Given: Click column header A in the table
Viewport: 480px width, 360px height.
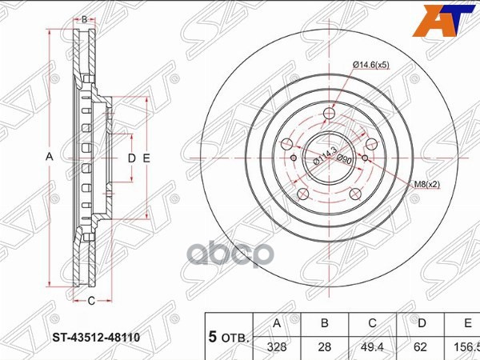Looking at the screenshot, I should (277, 324).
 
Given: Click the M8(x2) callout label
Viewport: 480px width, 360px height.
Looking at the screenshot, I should (426, 185).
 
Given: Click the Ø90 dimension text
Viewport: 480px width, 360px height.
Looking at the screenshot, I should (344, 158).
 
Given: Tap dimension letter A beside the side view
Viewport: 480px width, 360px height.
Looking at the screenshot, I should (49, 158).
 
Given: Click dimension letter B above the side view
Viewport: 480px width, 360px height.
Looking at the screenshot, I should (84, 18).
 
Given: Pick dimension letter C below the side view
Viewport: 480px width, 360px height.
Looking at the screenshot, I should (91, 300).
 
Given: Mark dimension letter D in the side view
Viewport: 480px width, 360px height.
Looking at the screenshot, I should (132, 158).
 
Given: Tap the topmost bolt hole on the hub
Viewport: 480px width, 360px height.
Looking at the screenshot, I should (328, 117).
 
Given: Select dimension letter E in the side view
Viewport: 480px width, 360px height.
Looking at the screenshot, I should (146, 158).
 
